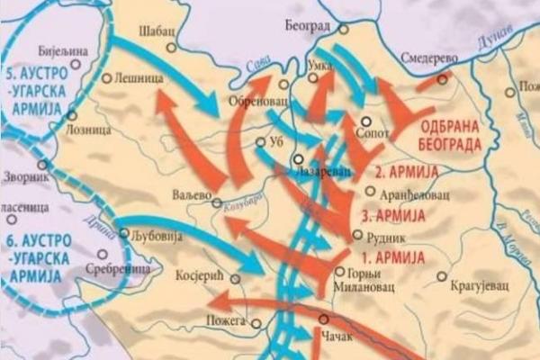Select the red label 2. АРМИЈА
pyautogui.click(x=406, y=171)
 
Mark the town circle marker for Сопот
pyautogui.click(x=365, y=121)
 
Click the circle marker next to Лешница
pyautogui.click(x=107, y=78)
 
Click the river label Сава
pyautogui.click(x=258, y=64)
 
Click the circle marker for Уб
pyautogui.click(x=258, y=141)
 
